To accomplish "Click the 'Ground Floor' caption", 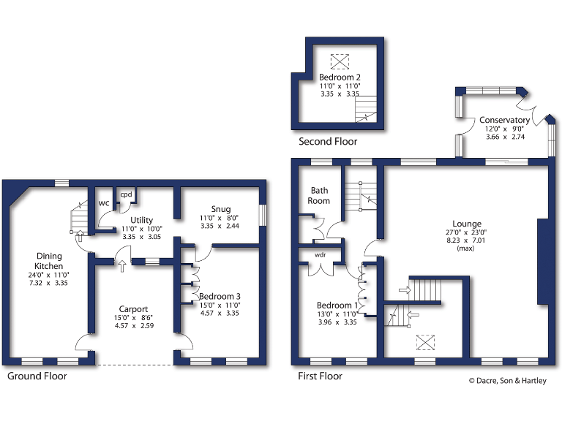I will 37,376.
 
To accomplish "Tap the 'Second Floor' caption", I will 328,142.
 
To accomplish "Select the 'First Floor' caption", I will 320,376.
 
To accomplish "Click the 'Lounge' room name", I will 466,224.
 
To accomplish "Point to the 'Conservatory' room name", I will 504,121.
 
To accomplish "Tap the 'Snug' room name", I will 220,209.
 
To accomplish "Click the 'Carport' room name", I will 133,308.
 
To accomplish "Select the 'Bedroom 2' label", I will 340,77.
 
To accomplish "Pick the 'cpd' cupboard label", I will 126,194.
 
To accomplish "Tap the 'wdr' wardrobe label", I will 320,255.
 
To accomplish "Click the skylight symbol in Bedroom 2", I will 340,60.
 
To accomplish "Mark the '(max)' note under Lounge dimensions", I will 466,249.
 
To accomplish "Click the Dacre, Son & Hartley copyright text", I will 507,380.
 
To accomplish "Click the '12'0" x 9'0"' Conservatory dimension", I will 504,129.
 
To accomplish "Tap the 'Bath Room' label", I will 318,195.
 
